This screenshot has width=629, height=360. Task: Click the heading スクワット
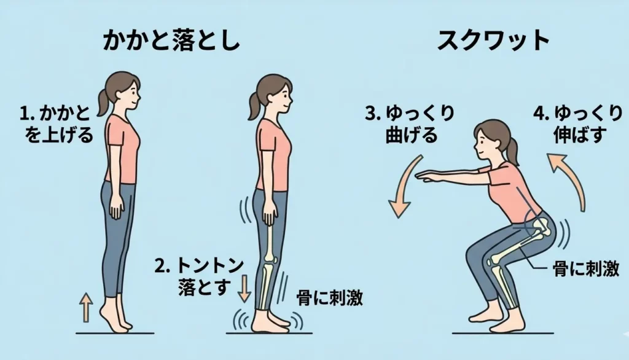tap(493, 41)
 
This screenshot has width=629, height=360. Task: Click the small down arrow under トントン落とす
tap(244, 289)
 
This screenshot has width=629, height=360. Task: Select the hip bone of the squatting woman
tap(538, 229)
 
